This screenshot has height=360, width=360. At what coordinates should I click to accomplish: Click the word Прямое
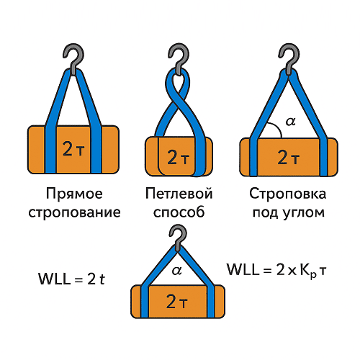pos(74,194)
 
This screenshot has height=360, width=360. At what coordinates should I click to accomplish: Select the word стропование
pos(74,212)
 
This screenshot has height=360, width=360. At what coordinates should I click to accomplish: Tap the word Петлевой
pos(179,194)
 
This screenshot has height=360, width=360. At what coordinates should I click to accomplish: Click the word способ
pos(179,212)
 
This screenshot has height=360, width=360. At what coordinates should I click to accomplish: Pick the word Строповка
pos(288,194)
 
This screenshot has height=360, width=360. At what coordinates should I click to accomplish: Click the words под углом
pos(289,212)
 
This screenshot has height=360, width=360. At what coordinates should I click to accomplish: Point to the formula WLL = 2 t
pos(71,279)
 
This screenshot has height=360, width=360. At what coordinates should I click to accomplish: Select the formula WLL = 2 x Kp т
pos(276,270)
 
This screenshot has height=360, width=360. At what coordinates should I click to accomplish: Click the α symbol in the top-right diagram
pos(290,122)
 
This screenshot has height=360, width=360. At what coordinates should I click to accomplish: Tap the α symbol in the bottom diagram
pos(177,271)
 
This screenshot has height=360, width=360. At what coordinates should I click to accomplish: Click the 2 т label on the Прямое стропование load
pos(73,149)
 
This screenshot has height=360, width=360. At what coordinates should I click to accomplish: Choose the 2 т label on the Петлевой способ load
pos(179,158)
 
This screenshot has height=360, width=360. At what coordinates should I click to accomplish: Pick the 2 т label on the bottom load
pos(177,302)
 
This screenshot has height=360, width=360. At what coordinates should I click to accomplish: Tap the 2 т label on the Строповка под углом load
pos(289,158)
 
